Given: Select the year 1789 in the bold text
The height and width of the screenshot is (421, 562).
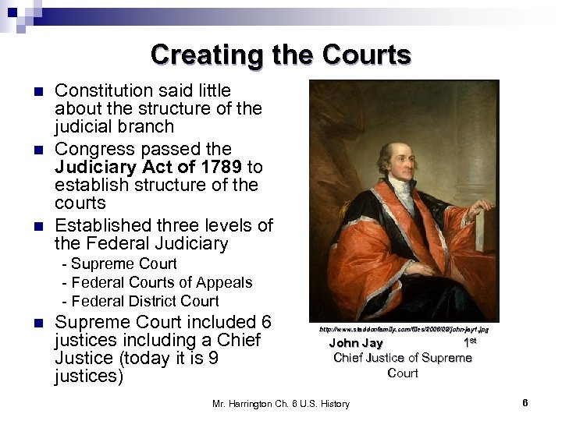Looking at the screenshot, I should tap(216, 167).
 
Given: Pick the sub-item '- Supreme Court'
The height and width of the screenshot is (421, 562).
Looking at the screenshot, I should tap(119, 264).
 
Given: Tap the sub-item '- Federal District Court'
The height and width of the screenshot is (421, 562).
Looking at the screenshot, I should tap(140, 301).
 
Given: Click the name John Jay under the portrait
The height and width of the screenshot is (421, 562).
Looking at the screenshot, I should tap(356, 343).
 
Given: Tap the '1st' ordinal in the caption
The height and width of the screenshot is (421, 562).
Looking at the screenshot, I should tap(470, 342).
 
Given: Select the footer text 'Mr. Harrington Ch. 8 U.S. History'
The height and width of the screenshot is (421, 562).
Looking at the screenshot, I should tap(281, 403).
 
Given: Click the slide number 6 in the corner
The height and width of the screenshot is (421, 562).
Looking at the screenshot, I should tap(525, 402).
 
